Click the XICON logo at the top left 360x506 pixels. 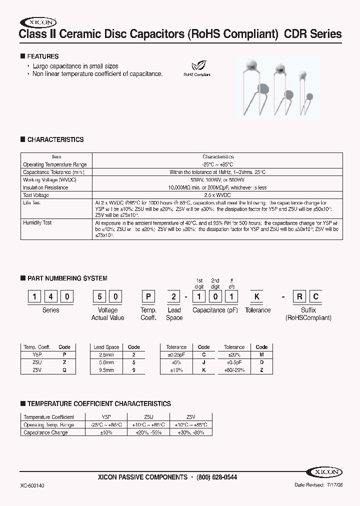[38, 22]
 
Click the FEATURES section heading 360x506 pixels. [42, 56]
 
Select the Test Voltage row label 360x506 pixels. [36, 195]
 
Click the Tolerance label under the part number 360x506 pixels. [257, 310]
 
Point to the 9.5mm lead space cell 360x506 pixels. [106, 370]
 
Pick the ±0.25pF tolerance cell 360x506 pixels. [176, 354]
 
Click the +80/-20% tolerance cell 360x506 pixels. [234, 370]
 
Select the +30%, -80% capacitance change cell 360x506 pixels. [190, 432]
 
